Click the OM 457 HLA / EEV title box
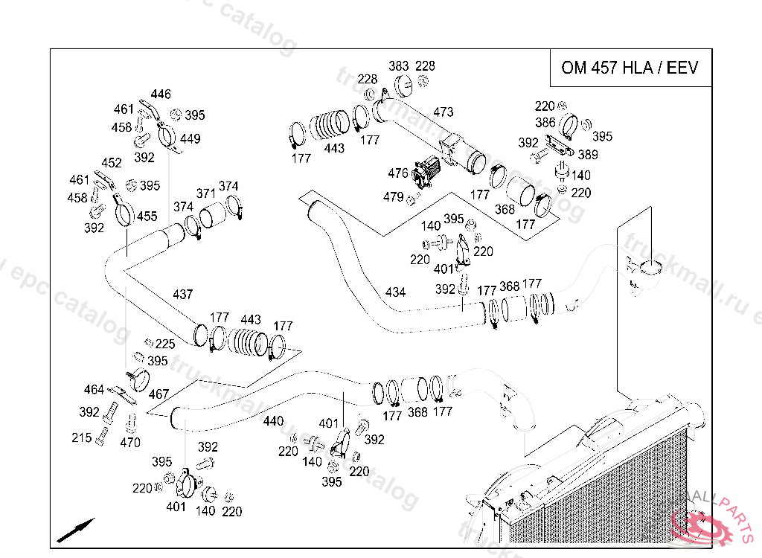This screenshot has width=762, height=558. (x=630, y=68)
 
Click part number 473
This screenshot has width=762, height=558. (x=443, y=112)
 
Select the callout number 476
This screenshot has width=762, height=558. (x=398, y=173)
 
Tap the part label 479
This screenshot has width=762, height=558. (x=393, y=197)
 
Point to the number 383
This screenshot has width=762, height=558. (x=399, y=66)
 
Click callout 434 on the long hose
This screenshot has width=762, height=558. (x=395, y=292)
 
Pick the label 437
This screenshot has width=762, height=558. (x=183, y=294)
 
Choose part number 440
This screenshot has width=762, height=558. (x=273, y=421)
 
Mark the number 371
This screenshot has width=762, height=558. (x=205, y=193)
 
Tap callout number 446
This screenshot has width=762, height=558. (x=161, y=94)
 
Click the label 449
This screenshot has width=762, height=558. (x=190, y=139)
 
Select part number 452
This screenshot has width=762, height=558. (x=112, y=163)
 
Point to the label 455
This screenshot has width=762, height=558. (x=147, y=217)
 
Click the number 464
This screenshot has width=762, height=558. (x=94, y=390)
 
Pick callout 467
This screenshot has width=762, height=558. (x=159, y=394)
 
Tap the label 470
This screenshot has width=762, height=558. (x=130, y=443)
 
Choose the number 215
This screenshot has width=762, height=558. (x=82, y=438)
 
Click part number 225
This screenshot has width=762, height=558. (x=165, y=344)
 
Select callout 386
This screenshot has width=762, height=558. (x=545, y=123)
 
